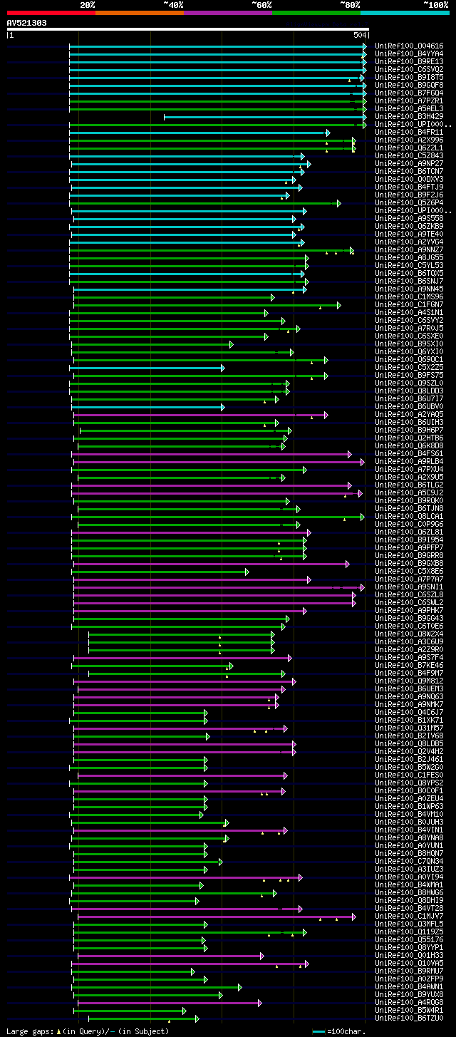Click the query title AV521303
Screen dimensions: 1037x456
(27, 23)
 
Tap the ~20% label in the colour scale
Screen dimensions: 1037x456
(87, 4)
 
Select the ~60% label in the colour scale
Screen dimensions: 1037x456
(261, 4)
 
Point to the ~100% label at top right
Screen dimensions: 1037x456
(435, 4)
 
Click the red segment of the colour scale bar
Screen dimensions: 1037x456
(50, 12)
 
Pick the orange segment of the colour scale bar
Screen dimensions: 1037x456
(139, 12)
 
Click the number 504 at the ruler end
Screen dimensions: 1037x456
(359, 35)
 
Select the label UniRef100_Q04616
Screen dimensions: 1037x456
(409, 46)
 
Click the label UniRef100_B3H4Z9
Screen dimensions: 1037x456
(409, 116)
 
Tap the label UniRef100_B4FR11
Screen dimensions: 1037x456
(409, 132)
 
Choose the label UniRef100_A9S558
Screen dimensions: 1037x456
(409, 218)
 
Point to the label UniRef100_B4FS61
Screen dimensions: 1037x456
(409, 453)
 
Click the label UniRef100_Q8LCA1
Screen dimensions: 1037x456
(409, 516)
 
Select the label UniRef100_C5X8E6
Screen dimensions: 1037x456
(409, 571)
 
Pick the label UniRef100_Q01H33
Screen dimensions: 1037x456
(409, 955)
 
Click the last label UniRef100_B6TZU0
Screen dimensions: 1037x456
(409, 1018)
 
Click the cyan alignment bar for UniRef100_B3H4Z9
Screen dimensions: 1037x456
(264, 117)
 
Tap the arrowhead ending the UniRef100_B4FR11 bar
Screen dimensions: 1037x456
(328, 133)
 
